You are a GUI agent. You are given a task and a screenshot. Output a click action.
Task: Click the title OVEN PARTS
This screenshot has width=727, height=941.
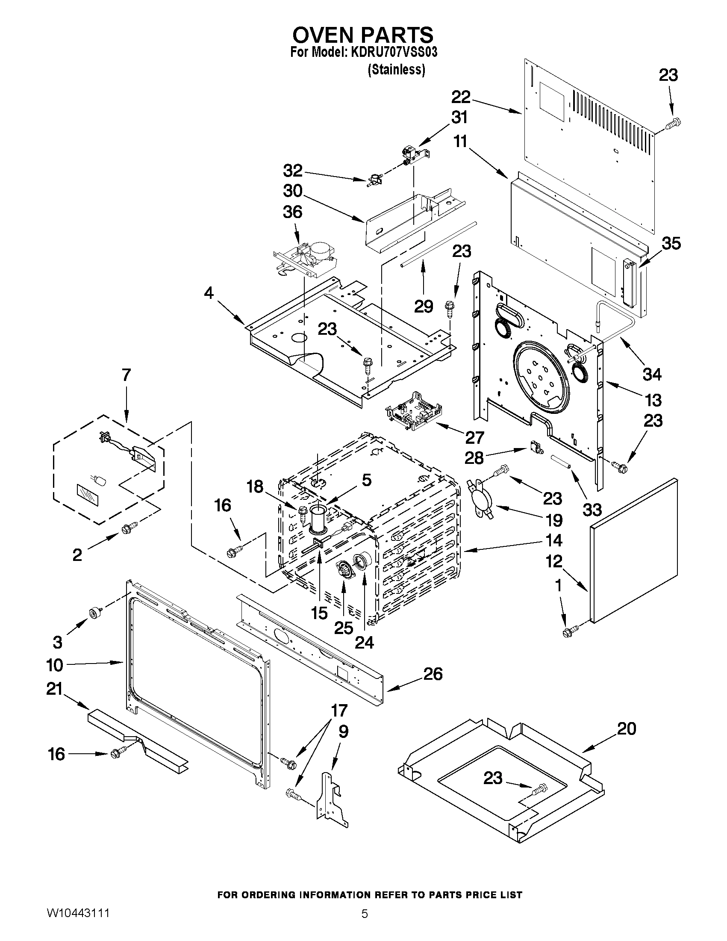pos(363,35)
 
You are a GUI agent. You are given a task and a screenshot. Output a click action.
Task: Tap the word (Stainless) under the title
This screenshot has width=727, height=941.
pos(396,70)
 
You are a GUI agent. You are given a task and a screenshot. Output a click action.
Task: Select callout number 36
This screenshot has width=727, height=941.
pos(292,212)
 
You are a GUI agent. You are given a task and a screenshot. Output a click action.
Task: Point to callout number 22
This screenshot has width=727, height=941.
pos(461,97)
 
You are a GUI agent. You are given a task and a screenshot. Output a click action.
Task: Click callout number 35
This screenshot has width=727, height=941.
pos(671,243)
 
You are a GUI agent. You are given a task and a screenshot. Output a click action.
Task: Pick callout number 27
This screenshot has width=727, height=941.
pos(474,438)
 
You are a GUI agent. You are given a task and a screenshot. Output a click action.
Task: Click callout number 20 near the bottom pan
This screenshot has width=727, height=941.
pos(626,729)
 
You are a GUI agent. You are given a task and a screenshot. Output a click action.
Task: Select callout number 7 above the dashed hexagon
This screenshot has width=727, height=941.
pos(126,375)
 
